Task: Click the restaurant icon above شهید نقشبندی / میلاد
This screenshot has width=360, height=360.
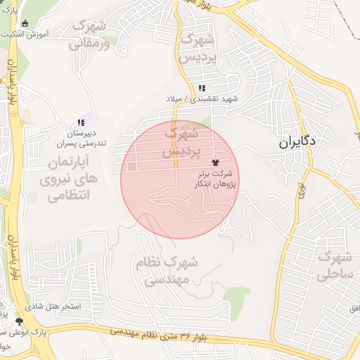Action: tap(202, 89)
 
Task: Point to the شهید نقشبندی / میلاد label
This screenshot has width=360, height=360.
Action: tap(202, 99)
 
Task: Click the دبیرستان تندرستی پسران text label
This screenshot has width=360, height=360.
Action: tap(81, 137)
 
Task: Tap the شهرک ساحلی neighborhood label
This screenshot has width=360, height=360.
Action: tap(334, 266)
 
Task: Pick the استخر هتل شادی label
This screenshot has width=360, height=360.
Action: tap(53, 307)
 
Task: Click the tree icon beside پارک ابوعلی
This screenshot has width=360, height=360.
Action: tap(18, 321)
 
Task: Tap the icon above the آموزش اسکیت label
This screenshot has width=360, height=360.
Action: tap(25, 24)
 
